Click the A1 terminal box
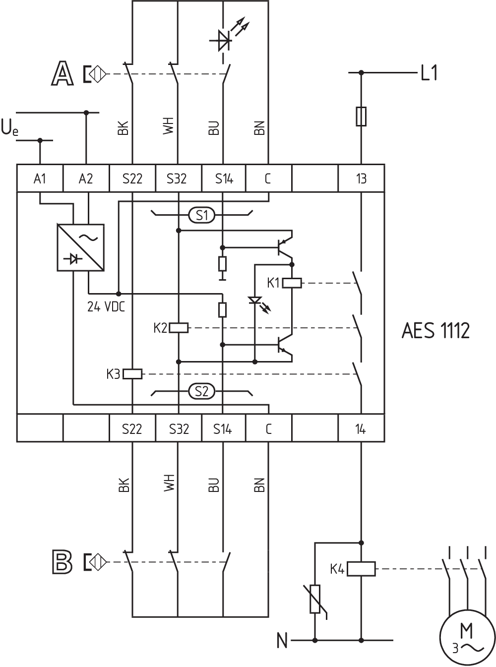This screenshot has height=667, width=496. [40, 178]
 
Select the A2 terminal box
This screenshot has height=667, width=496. [86, 178]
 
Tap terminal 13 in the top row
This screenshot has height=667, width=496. [361, 178]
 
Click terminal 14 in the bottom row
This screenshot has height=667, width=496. [361, 428]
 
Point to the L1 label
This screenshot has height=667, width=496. [429, 74]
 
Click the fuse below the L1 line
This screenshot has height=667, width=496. [361, 116]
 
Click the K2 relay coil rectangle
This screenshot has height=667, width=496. [179, 328]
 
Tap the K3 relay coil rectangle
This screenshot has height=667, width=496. [132, 374]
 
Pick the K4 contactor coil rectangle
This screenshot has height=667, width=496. [361, 569]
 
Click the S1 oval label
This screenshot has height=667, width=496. [201, 215]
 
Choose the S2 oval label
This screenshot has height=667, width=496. [201, 391]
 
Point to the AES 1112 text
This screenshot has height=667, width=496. [435, 330]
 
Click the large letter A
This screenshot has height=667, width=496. [62, 74]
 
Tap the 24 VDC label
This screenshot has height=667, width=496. [106, 307]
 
